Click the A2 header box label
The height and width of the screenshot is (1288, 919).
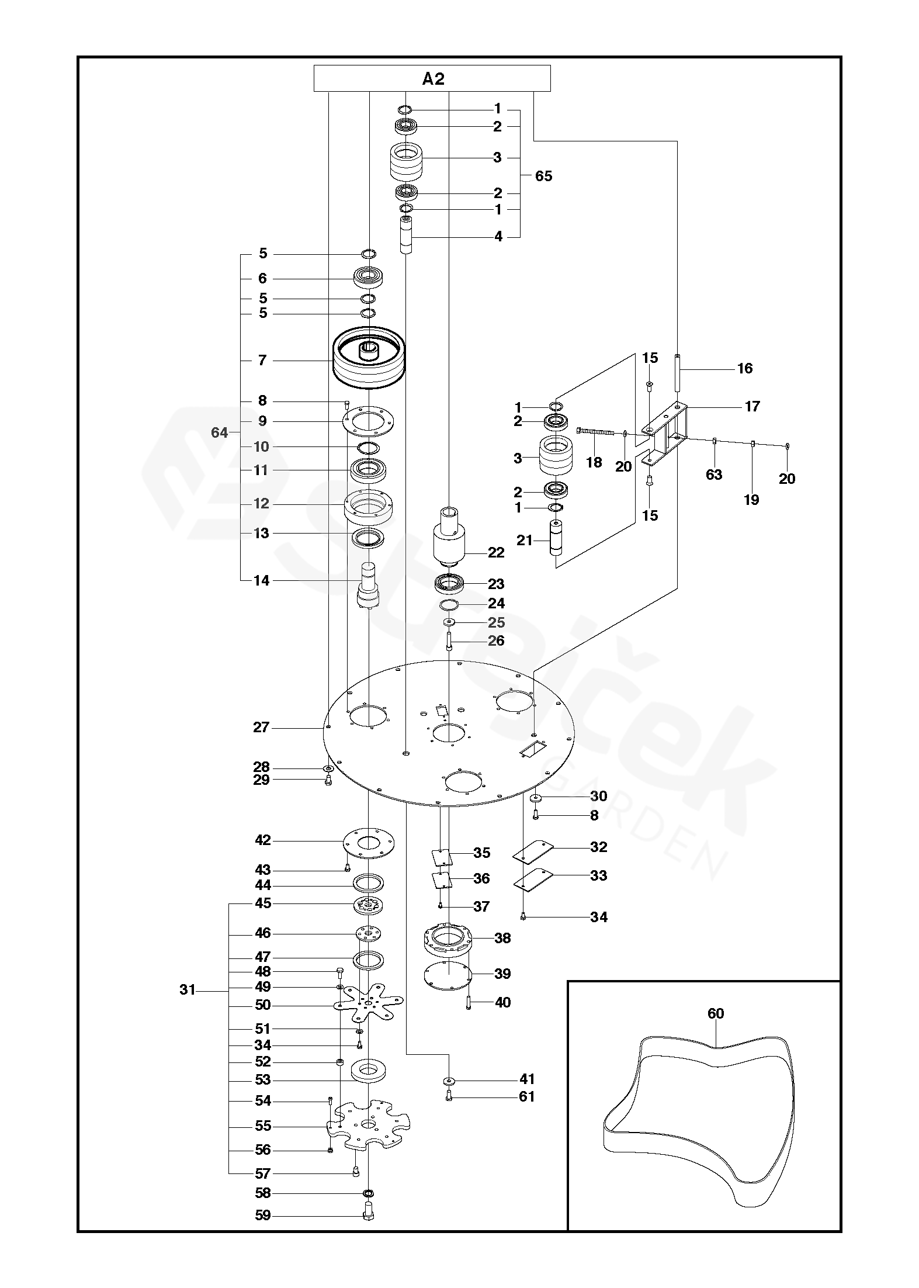pos(433,79)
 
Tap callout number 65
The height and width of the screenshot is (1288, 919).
pos(543,176)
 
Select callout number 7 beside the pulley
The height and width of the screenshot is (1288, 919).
pos(262,360)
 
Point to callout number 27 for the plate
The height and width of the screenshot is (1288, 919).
pos(261,728)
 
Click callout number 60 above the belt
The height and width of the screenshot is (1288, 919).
pos(716,1013)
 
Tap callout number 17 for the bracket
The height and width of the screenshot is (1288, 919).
pos(752,406)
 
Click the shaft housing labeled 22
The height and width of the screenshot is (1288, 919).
pos(448,537)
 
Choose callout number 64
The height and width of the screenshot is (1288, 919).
pos(219,433)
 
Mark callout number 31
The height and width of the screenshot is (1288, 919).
pos(187,990)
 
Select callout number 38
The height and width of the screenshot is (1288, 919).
pos(502,938)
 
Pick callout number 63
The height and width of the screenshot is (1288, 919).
pos(714,475)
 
